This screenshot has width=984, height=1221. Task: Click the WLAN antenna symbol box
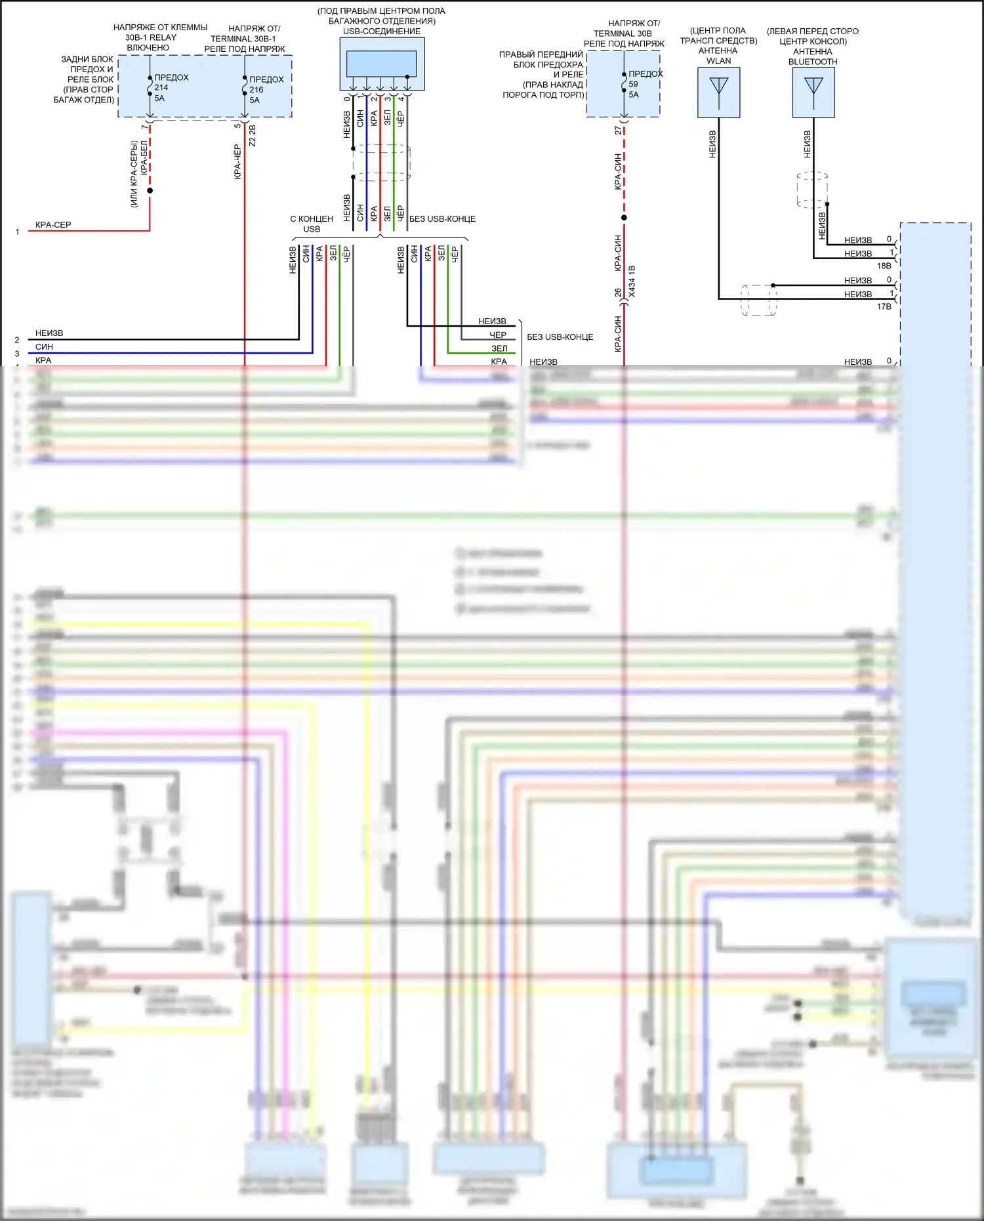tap(719, 93)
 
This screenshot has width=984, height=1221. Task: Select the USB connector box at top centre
tap(382, 64)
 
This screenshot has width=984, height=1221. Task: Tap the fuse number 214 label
tap(161, 87)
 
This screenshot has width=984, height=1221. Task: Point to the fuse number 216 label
tap(256, 90)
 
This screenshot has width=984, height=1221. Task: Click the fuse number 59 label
tap(633, 84)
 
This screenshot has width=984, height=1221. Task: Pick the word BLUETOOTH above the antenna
tap(813, 62)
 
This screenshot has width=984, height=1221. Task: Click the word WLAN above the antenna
tap(719, 61)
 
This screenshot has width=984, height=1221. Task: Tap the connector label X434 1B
tap(632, 281)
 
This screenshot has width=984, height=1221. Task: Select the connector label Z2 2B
tap(253, 135)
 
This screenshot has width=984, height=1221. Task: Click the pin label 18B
tap(884, 266)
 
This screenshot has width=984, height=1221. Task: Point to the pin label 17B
tap(884, 306)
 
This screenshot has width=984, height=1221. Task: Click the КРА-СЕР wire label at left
tap(53, 224)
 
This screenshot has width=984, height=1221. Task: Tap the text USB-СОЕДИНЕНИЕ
tap(382, 31)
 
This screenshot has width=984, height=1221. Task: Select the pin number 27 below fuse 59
tap(618, 131)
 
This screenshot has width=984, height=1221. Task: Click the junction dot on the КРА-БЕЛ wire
tap(150, 190)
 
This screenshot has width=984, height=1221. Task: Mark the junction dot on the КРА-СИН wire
tap(624, 218)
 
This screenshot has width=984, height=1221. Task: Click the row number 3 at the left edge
tap(17, 354)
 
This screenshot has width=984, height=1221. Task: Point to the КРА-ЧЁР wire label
tap(237, 161)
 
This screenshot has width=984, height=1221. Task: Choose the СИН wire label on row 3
tap(44, 346)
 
